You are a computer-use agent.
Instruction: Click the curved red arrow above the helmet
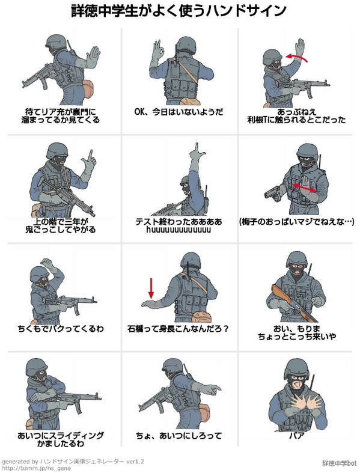[298, 57]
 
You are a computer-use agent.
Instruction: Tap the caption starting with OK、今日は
[179, 111]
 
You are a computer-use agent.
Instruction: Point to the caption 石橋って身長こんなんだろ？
[179, 329]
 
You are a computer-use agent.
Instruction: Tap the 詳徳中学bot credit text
[339, 463]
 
